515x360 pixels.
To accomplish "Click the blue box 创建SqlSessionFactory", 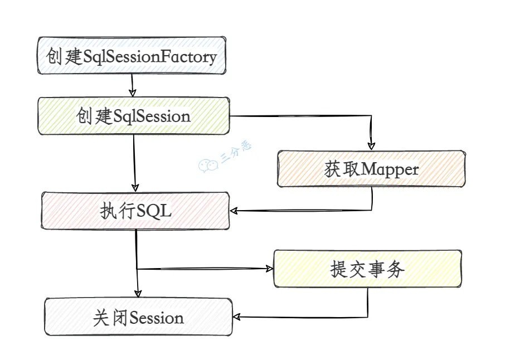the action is coord(132,56).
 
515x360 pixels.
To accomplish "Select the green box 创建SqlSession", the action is coord(134,116).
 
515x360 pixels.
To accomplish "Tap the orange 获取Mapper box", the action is coord(371,169).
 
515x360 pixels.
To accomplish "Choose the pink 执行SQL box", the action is coord(135,211).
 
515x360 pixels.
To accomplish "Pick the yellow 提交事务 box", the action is coord(367,269).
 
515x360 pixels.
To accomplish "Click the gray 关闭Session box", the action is coord(138,317).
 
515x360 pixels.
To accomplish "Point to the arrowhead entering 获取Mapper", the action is coord(371,145).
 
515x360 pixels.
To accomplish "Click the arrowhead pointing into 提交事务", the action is coord(269,269).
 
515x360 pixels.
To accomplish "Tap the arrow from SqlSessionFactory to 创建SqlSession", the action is coord(132,85).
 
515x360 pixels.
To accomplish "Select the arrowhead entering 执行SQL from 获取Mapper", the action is coord(234,211).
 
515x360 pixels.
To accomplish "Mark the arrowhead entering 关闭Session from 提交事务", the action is coord(236,317).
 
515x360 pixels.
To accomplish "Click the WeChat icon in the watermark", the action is coord(208,165).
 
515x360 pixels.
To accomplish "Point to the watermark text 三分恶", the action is coord(236,152).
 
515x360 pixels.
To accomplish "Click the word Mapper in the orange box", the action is coord(390,170).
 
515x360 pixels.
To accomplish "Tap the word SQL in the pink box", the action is coord(154,211).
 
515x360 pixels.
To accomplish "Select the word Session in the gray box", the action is coord(157,318).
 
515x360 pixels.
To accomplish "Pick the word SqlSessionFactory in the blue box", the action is coord(150,56).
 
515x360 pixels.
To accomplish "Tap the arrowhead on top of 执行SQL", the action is coord(135,188).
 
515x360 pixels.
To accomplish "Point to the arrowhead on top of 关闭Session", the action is coord(138,294).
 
